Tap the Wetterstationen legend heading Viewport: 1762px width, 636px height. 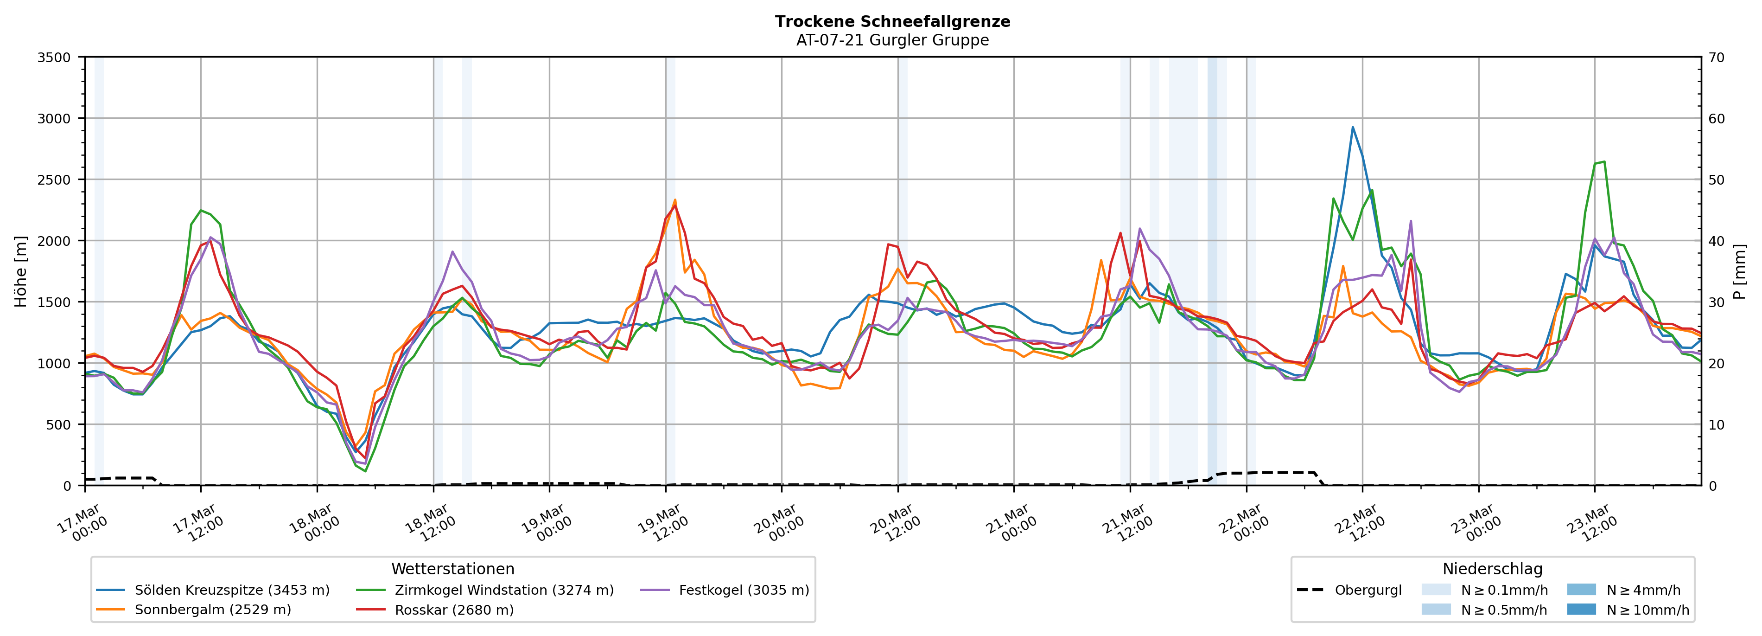click(453, 569)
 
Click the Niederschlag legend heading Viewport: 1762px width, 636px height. click(1493, 569)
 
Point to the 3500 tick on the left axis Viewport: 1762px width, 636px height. click(54, 58)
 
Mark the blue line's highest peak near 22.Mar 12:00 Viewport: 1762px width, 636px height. click(1352, 127)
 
